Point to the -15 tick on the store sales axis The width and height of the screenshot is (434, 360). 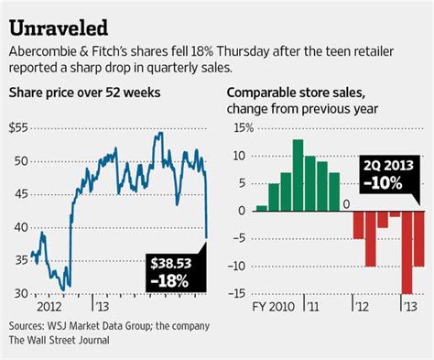click(x=239, y=294)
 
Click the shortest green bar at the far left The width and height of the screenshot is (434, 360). click(x=262, y=208)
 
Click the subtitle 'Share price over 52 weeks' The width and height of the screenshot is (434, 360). click(x=78, y=93)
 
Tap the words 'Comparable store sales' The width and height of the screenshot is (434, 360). click(x=303, y=93)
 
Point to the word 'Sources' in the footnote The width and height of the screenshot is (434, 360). click(x=27, y=326)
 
